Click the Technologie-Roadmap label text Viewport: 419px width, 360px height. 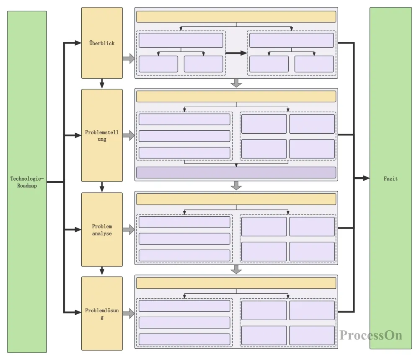(x=27, y=182)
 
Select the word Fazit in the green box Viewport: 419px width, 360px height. (x=391, y=179)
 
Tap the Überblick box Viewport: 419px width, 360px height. (x=102, y=43)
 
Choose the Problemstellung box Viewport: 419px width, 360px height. (x=102, y=135)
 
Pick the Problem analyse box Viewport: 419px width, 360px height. (x=102, y=230)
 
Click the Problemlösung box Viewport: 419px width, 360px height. (x=102, y=313)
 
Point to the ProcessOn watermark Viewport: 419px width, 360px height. (x=371, y=335)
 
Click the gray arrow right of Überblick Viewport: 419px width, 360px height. (x=129, y=59)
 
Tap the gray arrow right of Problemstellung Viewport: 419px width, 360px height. (x=129, y=135)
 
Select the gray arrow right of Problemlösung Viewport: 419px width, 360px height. (x=129, y=313)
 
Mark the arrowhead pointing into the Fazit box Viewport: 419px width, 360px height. (x=366, y=178)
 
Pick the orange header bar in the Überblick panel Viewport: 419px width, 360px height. (x=236, y=17)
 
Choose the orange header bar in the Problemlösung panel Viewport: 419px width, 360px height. (x=236, y=283)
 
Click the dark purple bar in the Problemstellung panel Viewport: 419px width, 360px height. (x=236, y=173)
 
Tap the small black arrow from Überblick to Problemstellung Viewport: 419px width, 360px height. (x=102, y=84)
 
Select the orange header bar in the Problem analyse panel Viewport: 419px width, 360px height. (x=236, y=199)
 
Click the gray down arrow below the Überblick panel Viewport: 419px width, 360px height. (x=236, y=83)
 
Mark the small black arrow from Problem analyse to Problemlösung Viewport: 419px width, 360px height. (x=102, y=272)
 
